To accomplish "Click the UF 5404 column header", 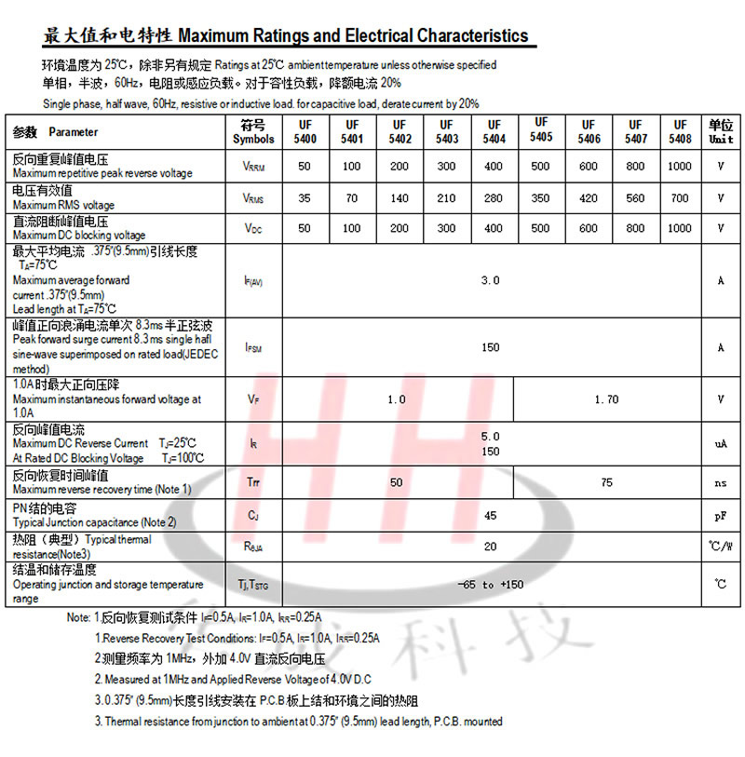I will coord(494,131).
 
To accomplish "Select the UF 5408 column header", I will coord(680,131).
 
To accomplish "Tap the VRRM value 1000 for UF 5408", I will coord(680,166).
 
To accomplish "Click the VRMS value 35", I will coord(305,197).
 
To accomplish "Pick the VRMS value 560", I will coord(635,197).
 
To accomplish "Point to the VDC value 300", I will coord(446,228).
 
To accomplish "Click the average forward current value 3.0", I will coord(490,280).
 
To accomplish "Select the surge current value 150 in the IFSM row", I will coord(490,347).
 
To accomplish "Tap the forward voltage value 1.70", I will coord(605,399).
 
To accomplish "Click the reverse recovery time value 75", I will coord(606,482).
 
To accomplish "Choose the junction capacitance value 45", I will coord(490,515).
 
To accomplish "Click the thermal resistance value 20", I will coord(490,547).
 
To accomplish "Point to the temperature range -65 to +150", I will coord(491,585).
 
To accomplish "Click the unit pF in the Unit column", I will coord(720,515).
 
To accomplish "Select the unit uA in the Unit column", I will coord(720,444).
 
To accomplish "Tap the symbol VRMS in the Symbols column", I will coord(253,198).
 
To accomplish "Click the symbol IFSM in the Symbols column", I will coord(253,348).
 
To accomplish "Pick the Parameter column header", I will coord(73,132).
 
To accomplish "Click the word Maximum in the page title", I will coord(214,36).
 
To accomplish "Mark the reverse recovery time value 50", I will coord(397,482).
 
